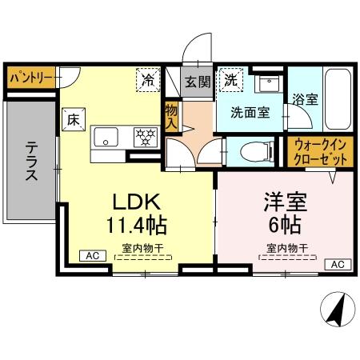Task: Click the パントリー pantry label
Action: (31, 78)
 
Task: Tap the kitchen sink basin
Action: (105, 137)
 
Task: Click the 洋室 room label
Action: (286, 201)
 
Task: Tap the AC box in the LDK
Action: (92, 255)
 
